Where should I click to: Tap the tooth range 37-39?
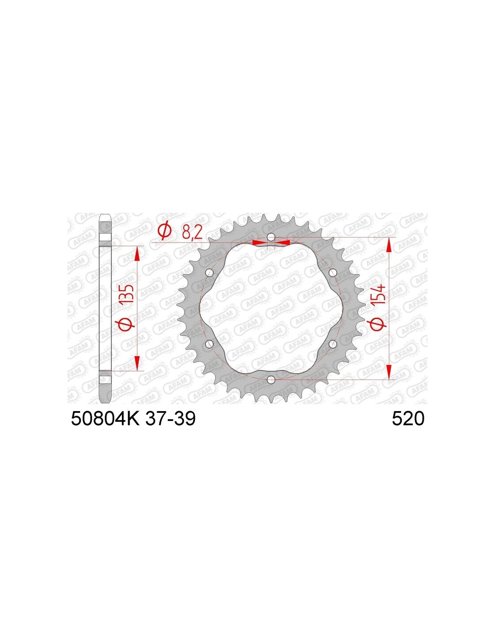pyautogui.click(x=170, y=418)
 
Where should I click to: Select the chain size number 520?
pyautogui.click(x=408, y=419)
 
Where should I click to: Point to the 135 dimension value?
pyautogui.click(x=130, y=295)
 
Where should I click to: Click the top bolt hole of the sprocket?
pyautogui.click(x=271, y=237)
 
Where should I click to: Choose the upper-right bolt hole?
pyautogui.click(x=333, y=272)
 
